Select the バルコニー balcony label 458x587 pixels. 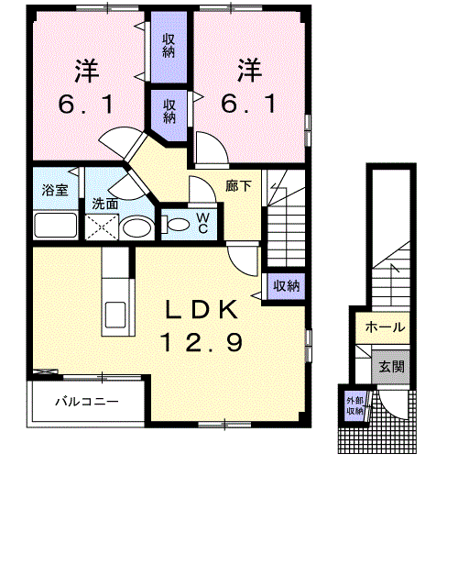point(85,401)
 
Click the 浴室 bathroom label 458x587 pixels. point(55,191)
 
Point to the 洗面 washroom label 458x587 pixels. point(104,204)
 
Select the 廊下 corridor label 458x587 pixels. point(239,184)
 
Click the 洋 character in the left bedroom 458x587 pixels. point(87,70)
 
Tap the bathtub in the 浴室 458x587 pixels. point(55,225)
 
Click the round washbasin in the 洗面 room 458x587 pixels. point(137,227)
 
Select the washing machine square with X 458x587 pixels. point(99,227)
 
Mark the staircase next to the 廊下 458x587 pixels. point(287,220)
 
